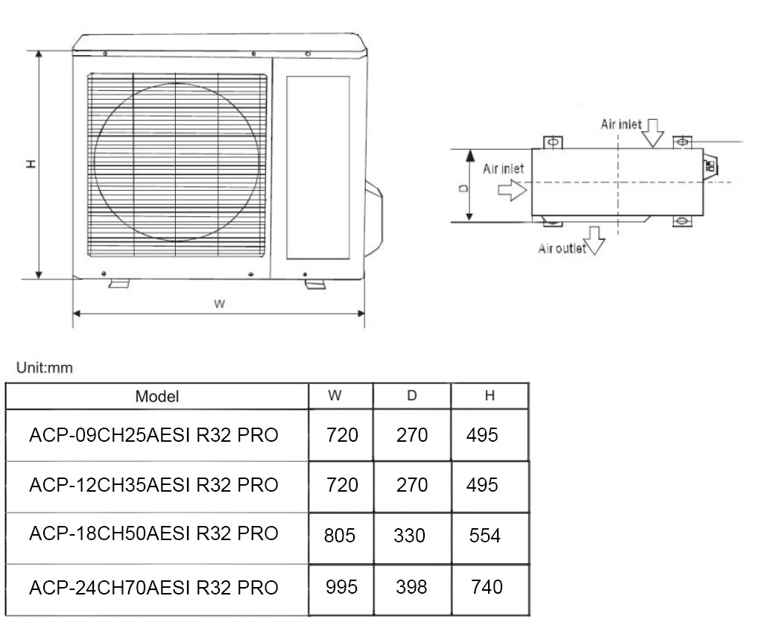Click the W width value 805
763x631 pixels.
pyautogui.click(x=340, y=536)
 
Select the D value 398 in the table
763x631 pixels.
pyautogui.click(x=411, y=587)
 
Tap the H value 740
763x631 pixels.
pyautogui.click(x=487, y=587)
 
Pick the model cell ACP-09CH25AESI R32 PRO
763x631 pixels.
pyautogui.click(x=153, y=435)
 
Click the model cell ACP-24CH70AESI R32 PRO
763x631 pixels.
pyautogui.click(x=153, y=588)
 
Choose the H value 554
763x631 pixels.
pyautogui.click(x=485, y=536)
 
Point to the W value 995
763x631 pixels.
pyautogui.click(x=341, y=587)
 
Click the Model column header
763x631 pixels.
pyautogui.click(x=157, y=396)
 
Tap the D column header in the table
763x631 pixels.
pyautogui.click(x=411, y=396)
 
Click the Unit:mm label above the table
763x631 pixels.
pyautogui.click(x=45, y=368)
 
